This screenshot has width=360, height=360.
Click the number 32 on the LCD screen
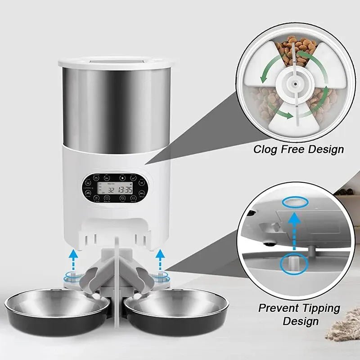(x=110, y=190)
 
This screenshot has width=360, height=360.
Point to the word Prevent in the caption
(x=278, y=309)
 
